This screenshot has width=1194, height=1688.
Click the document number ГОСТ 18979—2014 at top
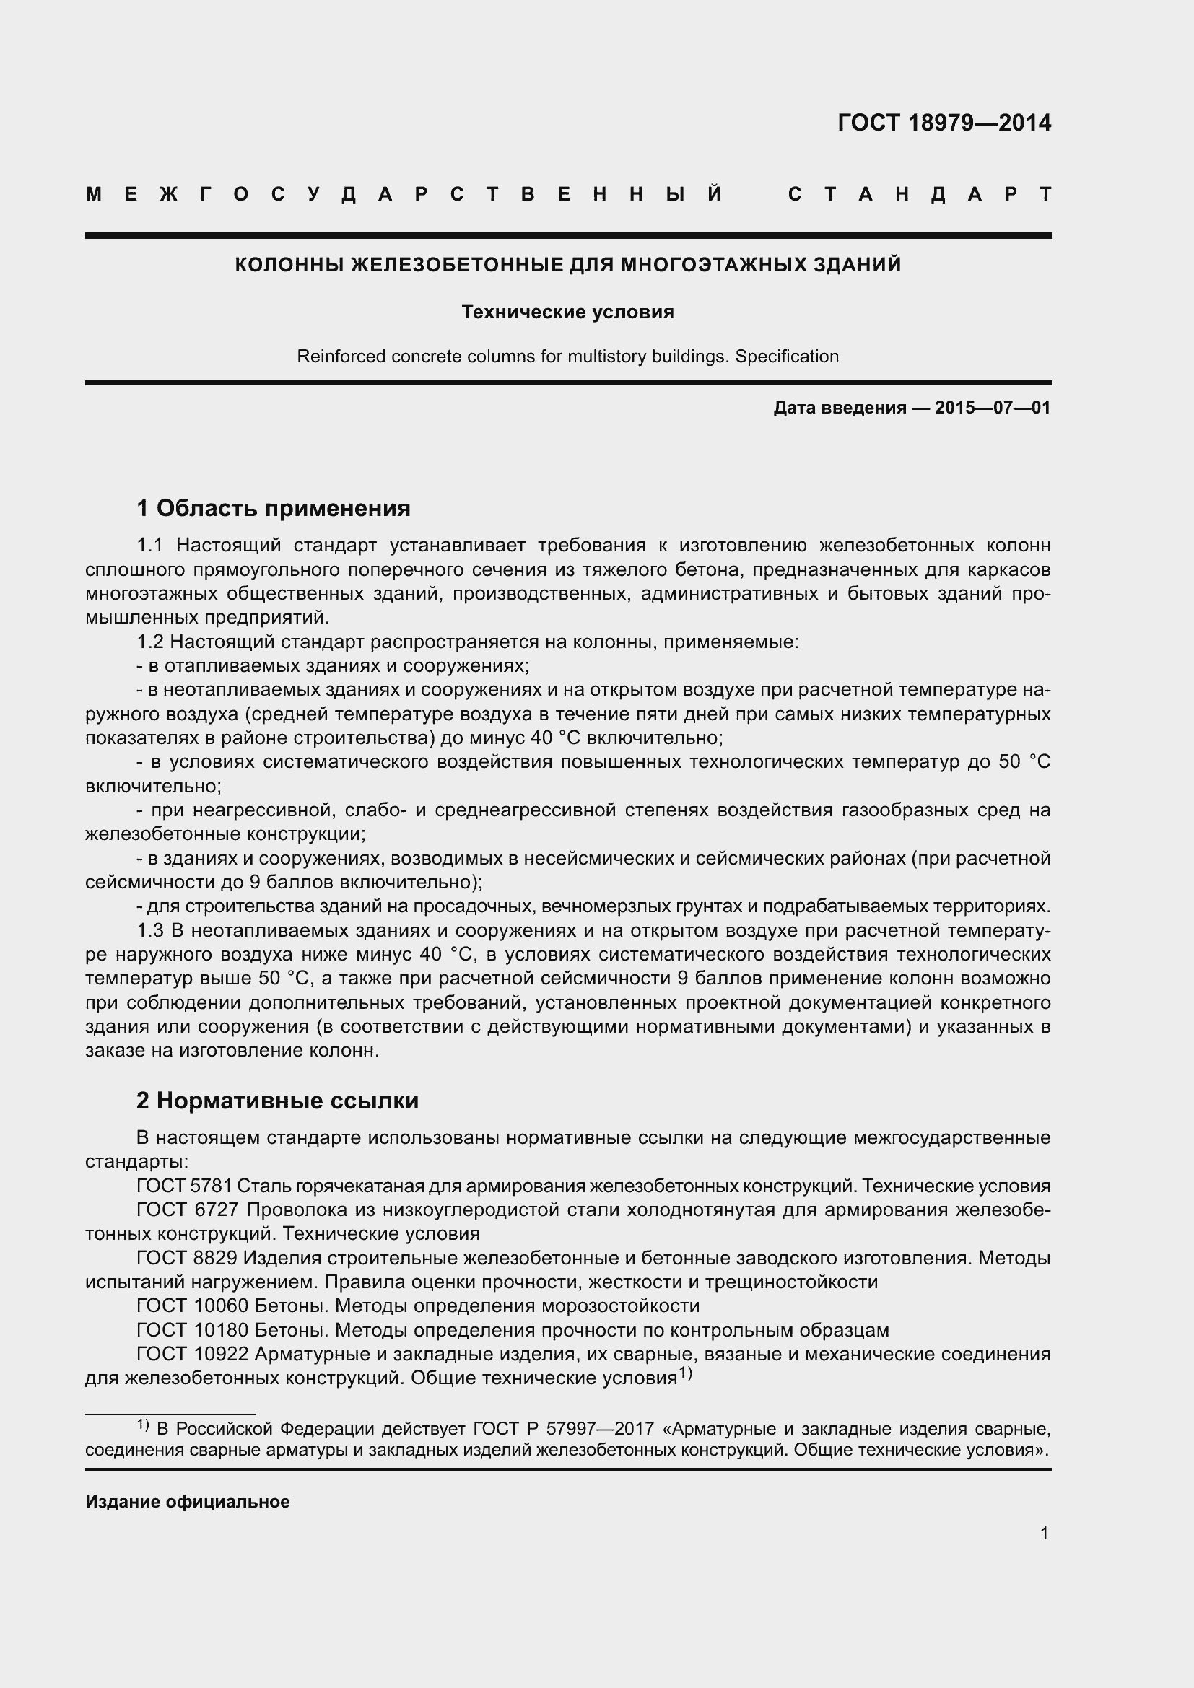pos(944,122)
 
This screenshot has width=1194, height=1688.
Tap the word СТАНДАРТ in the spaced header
pos(919,194)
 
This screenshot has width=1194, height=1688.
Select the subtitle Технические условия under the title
pos(567,312)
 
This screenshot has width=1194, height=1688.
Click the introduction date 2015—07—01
pos(993,407)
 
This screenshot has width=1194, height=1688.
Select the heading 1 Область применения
pos(274,508)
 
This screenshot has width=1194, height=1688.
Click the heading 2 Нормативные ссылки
pos(277,1101)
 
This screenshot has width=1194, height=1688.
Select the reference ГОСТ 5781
pos(185,1186)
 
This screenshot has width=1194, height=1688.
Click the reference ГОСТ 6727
pos(185,1210)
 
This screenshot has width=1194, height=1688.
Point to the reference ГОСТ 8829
pos(185,1258)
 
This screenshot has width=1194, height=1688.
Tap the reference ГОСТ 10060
pos(191,1306)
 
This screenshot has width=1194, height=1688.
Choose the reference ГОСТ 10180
pos(191,1330)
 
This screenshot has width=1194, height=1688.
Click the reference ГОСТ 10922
pos(191,1354)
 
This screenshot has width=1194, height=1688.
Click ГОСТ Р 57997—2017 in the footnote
pos(563,1428)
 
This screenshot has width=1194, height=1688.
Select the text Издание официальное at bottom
pos(188,1502)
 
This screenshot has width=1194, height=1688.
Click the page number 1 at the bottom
pos(1044,1534)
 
